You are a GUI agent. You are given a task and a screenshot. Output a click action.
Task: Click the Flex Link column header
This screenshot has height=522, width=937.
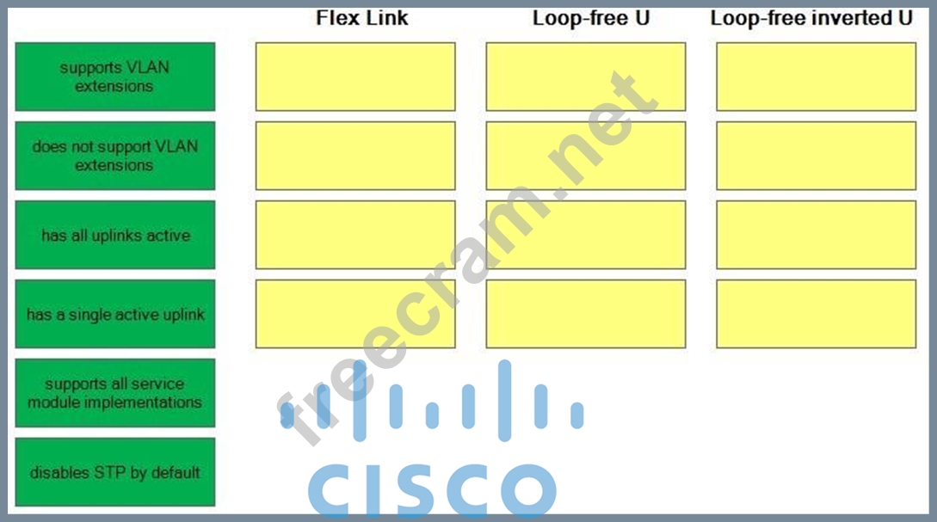pos(362,18)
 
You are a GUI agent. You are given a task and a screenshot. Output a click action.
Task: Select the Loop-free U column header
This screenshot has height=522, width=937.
pos(591,18)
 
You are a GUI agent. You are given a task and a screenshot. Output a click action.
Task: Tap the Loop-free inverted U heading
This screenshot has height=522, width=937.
pos(811,18)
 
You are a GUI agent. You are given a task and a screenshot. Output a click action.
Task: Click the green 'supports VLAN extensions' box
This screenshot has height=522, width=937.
pos(114,77)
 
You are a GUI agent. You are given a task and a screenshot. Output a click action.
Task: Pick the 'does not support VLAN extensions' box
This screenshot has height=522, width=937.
pos(114,156)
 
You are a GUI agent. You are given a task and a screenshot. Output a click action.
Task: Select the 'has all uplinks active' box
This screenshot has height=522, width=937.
pos(114,235)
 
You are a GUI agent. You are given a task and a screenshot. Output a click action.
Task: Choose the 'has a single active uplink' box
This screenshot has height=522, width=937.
pos(114,314)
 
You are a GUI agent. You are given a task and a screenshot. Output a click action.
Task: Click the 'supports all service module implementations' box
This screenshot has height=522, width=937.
pos(114,393)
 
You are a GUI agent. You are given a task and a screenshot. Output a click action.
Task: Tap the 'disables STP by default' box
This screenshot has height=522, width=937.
pos(114,472)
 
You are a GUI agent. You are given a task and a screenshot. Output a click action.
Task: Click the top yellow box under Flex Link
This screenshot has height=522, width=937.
pos(355,77)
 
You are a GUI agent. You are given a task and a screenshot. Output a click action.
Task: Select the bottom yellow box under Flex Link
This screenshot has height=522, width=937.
pos(355,314)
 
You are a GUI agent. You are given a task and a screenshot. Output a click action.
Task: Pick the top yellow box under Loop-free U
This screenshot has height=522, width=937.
pos(586,77)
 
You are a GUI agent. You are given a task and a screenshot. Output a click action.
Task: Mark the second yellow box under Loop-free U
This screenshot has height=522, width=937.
pos(586,156)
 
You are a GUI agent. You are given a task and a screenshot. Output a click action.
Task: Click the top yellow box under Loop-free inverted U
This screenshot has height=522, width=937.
pos(817,77)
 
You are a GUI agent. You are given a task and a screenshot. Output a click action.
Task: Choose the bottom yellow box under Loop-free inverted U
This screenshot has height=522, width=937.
pos(817,314)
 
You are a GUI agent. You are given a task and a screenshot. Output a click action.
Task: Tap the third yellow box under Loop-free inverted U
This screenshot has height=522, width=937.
pos(817,235)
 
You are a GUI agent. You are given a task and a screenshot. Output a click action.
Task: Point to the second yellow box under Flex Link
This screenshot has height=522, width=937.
pos(355,156)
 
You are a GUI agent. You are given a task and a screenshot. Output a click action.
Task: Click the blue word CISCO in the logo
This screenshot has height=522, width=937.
pos(432,489)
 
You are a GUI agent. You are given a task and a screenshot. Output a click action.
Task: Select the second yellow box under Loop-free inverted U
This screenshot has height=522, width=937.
pos(817,156)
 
